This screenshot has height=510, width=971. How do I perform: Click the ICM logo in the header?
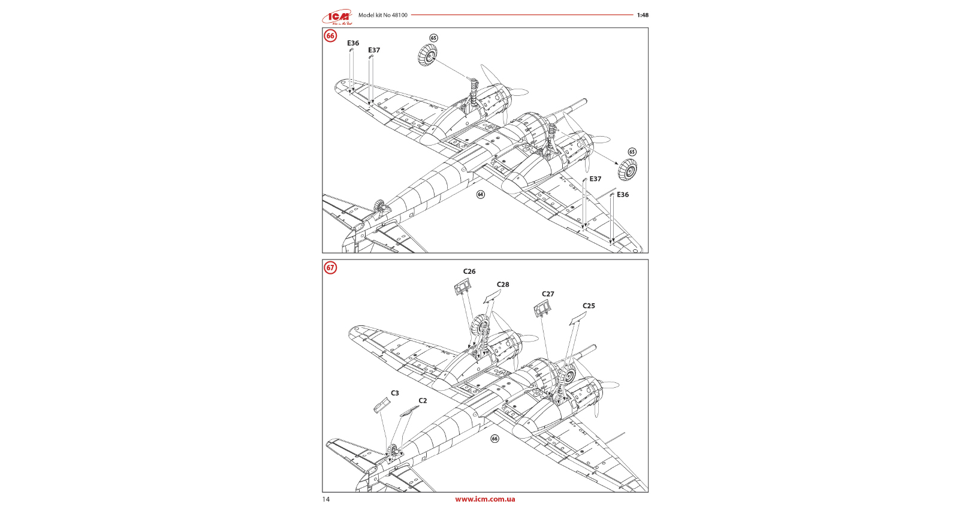pyautogui.click(x=337, y=17)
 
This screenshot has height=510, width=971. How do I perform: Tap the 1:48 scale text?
pyautogui.click(x=643, y=15)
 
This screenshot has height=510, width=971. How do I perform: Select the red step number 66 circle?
pyautogui.click(x=330, y=36)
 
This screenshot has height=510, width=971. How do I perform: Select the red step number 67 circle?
pyautogui.click(x=330, y=268)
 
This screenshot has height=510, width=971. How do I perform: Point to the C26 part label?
pyautogui.click(x=469, y=271)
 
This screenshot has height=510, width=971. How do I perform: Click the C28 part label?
pyautogui.click(x=503, y=285)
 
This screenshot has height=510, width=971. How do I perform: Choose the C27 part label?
pyautogui.click(x=548, y=294)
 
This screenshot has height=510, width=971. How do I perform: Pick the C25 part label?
pyautogui.click(x=589, y=306)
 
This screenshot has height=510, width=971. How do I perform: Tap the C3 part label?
pyautogui.click(x=395, y=393)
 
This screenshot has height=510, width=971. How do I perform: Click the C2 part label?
pyautogui.click(x=423, y=401)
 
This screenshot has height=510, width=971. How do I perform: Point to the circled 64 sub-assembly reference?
pyautogui.click(x=480, y=194)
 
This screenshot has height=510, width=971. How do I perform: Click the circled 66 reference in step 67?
pyautogui.click(x=494, y=439)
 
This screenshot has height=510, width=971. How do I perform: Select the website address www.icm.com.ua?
pyautogui.click(x=485, y=499)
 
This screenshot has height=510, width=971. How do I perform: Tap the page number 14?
pyautogui.click(x=326, y=499)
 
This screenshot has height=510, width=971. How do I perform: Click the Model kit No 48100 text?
pyautogui.click(x=382, y=15)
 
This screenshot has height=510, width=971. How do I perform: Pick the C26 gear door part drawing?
pyautogui.click(x=462, y=288)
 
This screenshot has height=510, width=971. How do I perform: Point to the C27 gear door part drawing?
pyautogui.click(x=542, y=309)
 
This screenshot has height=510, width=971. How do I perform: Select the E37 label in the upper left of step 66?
pyautogui.click(x=374, y=50)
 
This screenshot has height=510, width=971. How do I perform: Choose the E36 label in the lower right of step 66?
pyautogui.click(x=623, y=195)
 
